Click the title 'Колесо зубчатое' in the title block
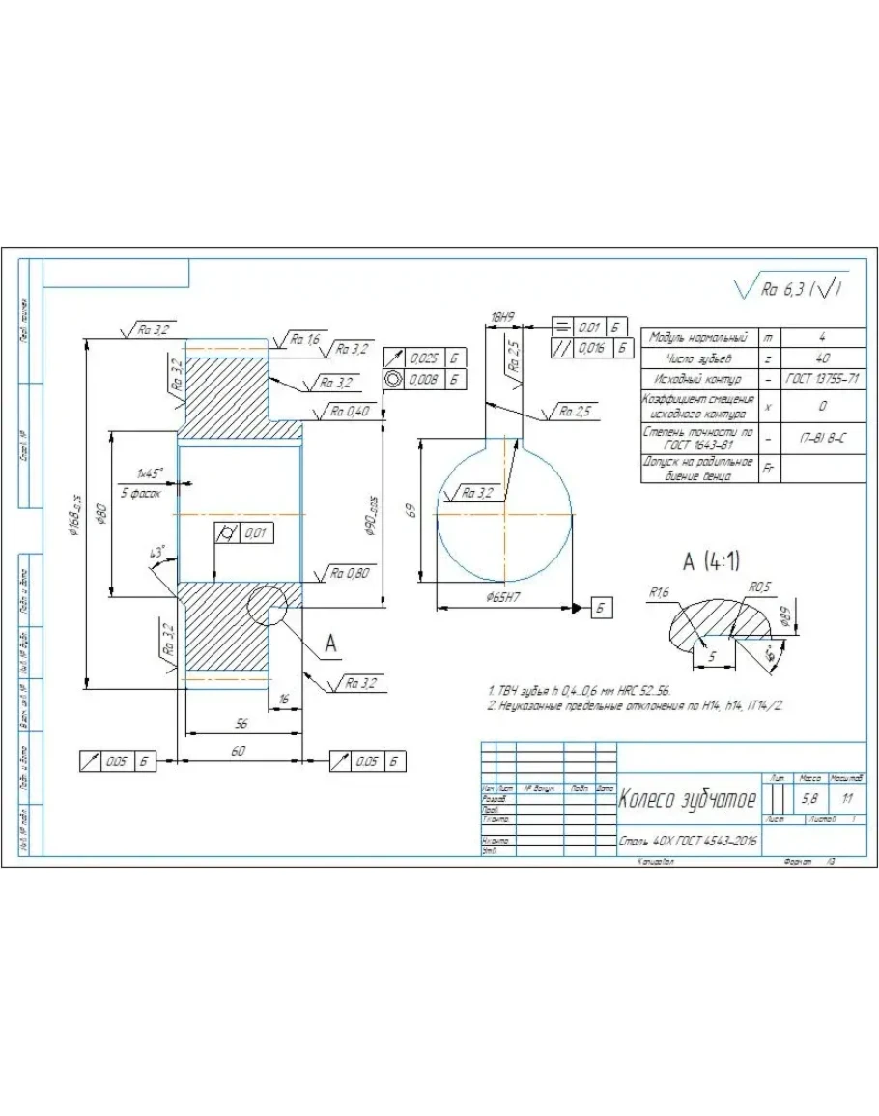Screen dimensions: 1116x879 coord(681,799)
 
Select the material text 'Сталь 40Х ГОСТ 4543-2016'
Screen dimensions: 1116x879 coord(688,842)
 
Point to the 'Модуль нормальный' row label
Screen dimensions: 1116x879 coord(699,338)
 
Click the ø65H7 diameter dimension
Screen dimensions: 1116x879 coord(503,599)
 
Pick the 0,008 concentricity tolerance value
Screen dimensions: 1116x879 coord(422,379)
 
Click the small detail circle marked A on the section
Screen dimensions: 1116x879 coord(268,606)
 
